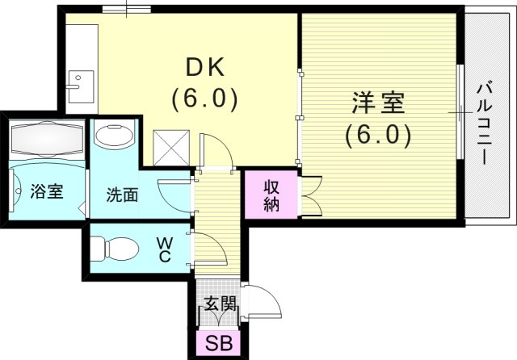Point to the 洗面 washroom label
coord(122,195)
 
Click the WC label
coord(163,247)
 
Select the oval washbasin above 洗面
coord(115,135)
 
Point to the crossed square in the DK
coord(172,147)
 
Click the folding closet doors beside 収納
coord(309,196)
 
